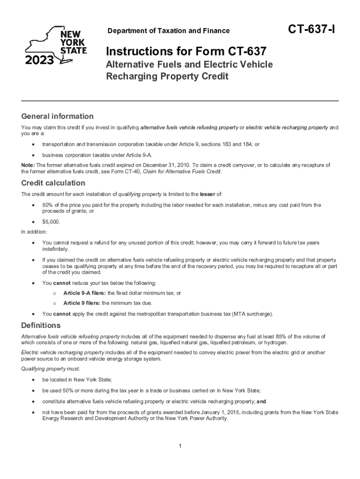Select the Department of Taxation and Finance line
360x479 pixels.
[169, 31]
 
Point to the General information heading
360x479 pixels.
[58, 116]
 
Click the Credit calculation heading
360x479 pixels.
[53, 183]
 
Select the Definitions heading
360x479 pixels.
[41, 325]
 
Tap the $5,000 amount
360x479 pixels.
[51, 222]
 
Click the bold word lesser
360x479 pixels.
[207, 194]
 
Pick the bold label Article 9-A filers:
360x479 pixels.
[85, 293]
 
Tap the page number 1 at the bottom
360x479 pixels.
[180, 446]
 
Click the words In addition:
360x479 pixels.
[34, 232]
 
